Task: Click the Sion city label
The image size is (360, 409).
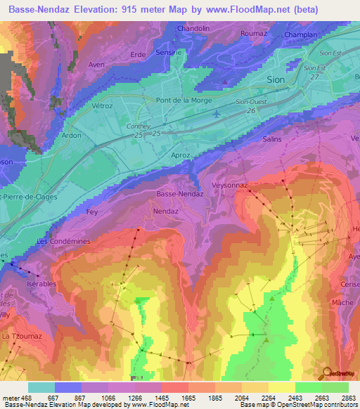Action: point(276,80)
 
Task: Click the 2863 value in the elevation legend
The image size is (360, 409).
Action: point(349,397)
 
